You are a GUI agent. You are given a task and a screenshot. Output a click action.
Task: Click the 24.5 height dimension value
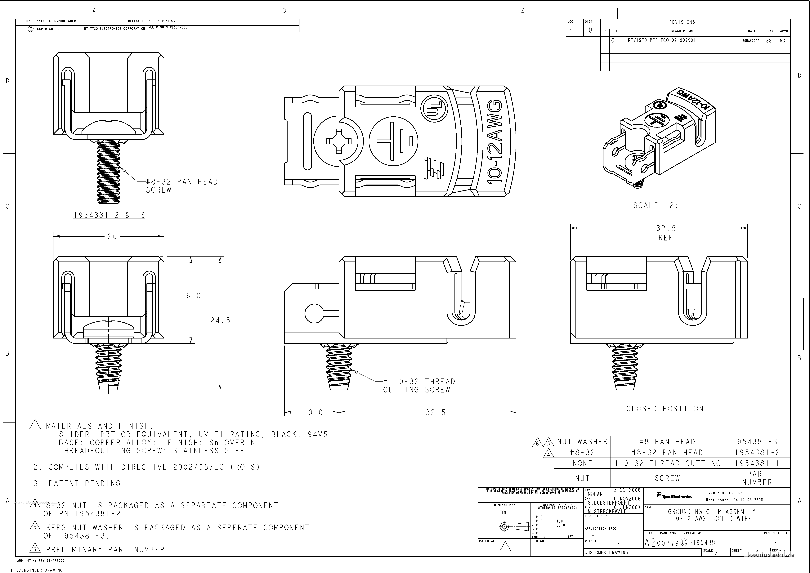(220, 320)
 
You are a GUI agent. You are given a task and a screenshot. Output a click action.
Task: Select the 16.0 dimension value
(191, 296)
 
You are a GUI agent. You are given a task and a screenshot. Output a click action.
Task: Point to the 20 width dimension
(112, 236)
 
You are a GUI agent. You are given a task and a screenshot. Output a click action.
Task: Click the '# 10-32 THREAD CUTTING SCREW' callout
(419, 386)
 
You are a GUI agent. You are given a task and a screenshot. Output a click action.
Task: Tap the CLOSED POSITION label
(665, 409)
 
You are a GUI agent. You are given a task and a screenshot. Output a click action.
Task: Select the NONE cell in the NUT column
(582, 463)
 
